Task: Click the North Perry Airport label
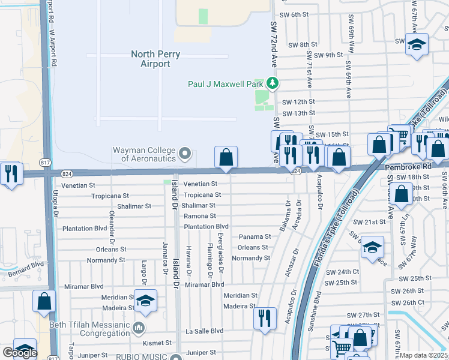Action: pyautogui.click(x=155, y=59)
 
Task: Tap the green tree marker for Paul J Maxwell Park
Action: pyautogui.click(x=273, y=83)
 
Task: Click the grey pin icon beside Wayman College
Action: pyautogui.click(x=185, y=154)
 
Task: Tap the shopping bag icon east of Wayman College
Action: pyautogui.click(x=226, y=158)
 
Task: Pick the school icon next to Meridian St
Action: pyautogui.click(x=145, y=301)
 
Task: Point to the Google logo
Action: pyautogui.click(x=20, y=353)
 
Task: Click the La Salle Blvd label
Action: pyautogui.click(x=204, y=331)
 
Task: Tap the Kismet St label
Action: pyautogui.click(x=156, y=343)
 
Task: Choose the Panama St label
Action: pyautogui.click(x=254, y=237)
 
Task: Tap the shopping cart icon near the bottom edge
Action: pyautogui.click(x=341, y=347)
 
